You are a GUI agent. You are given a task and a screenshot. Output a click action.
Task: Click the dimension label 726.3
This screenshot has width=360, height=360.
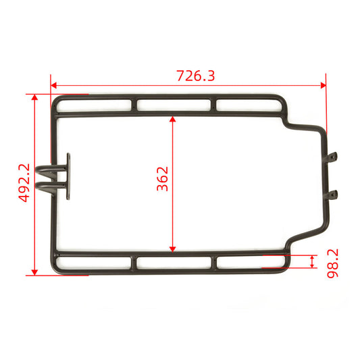[195, 76]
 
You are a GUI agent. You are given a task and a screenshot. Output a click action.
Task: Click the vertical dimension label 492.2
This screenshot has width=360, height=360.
[24, 184]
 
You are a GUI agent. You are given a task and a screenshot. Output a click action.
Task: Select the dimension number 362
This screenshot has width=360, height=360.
[163, 178]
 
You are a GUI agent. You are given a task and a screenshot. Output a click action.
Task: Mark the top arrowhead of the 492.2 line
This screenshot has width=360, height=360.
[34, 99]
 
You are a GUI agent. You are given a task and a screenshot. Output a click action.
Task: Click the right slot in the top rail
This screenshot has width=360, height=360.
[250, 105]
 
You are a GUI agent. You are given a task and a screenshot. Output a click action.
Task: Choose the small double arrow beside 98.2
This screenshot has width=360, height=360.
[311, 262]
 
